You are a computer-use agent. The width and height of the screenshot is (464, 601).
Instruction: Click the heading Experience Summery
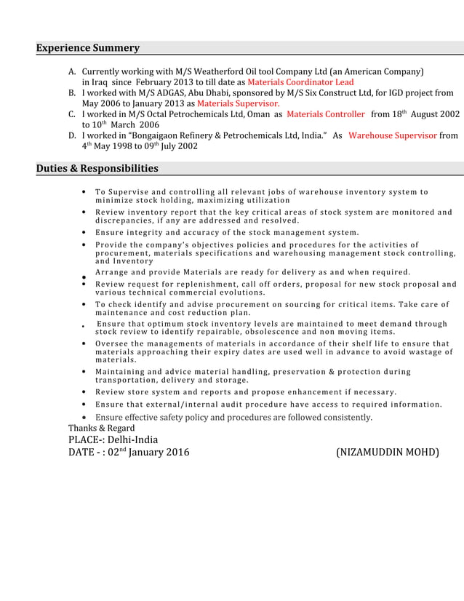(88, 48)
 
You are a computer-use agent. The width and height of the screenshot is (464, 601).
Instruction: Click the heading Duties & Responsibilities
(97, 169)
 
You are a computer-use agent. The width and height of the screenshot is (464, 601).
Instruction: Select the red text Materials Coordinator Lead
(300, 83)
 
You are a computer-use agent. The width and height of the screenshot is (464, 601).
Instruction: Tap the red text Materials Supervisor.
(233, 104)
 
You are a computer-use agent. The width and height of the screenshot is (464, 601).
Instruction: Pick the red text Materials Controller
(326, 115)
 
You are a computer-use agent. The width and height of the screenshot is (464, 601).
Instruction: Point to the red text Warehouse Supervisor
(393, 135)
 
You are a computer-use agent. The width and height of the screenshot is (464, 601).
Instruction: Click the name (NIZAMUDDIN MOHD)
(387, 453)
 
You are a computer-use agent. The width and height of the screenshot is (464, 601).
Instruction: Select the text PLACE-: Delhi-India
(113, 440)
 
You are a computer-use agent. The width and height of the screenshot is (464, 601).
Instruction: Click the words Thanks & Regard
(101, 429)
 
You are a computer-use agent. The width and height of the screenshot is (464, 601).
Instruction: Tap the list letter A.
(72, 73)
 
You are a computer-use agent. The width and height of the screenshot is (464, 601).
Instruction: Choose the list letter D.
(72, 136)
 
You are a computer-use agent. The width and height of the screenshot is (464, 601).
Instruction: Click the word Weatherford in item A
(211, 73)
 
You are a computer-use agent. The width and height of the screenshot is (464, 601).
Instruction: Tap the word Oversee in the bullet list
(112, 343)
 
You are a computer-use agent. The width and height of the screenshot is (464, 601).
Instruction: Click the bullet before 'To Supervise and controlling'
(87, 193)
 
